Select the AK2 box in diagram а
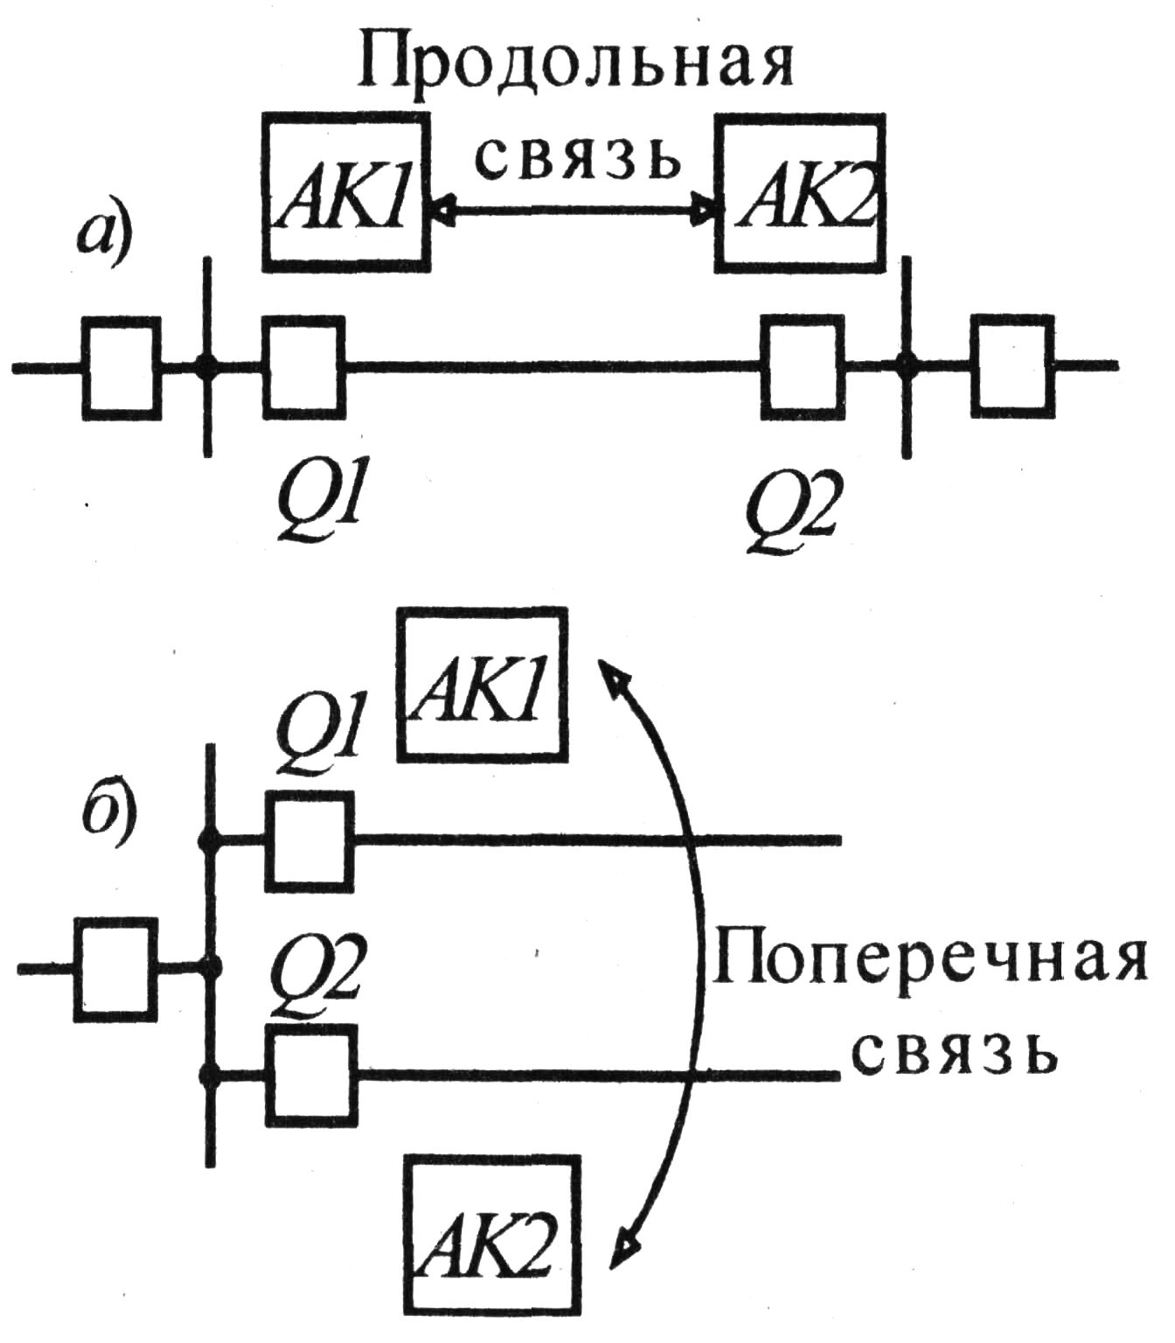click(800, 191)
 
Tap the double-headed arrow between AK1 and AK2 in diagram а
click(574, 210)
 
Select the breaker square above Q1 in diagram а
click(304, 364)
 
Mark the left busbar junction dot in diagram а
click(207, 366)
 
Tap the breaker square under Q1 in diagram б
click(309, 840)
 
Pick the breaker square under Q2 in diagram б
click(311, 1075)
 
